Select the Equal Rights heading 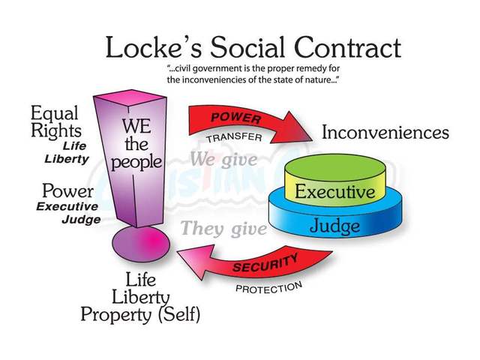pyautogui.click(x=56, y=122)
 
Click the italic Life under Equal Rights pyautogui.click(x=75, y=145)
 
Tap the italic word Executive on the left pyautogui.click(x=67, y=207)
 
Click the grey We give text pyautogui.click(x=224, y=159)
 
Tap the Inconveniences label pyautogui.click(x=385, y=133)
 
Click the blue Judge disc pyautogui.click(x=334, y=224)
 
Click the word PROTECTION pyautogui.click(x=268, y=287)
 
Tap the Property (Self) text pyautogui.click(x=141, y=313)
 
